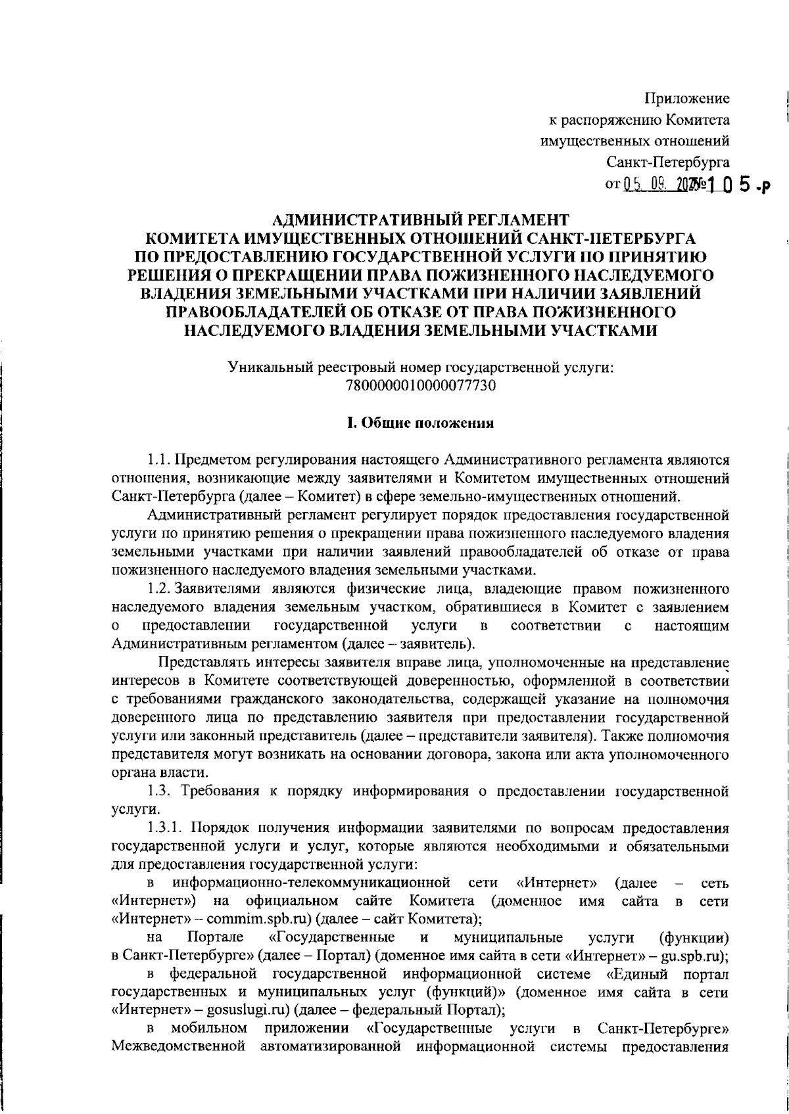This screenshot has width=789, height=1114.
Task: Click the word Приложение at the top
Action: [x=687, y=99]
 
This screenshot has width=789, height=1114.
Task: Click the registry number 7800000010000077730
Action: [x=421, y=386]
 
